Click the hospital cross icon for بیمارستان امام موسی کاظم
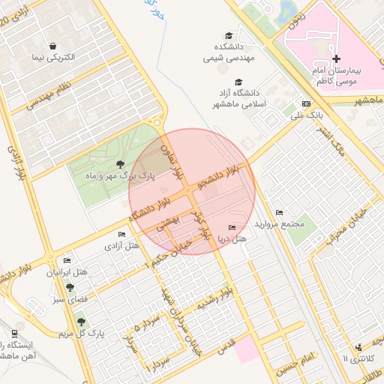coord(335,58)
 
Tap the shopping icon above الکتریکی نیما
coord(52,45)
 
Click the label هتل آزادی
coord(121,245)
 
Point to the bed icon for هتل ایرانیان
coord(67,260)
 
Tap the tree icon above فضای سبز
coord(70,286)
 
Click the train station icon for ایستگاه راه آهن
coord(16,333)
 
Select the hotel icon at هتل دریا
coord(231,228)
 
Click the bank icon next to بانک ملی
coord(306,103)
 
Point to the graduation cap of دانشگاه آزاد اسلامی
coord(238,82)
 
